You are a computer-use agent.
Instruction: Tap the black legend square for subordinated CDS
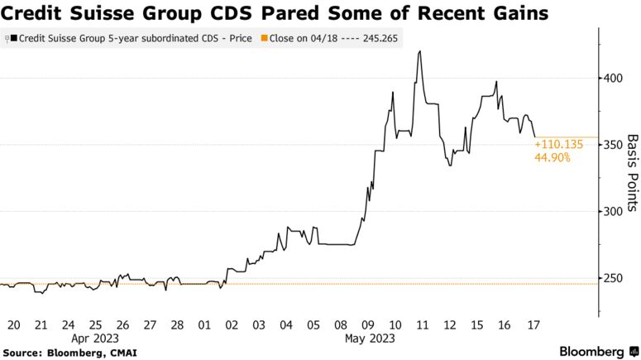tap(13, 39)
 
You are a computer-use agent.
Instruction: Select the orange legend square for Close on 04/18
tap(264, 39)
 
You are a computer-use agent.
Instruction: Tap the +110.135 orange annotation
tap(559, 144)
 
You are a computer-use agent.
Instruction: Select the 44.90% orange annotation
tap(553, 157)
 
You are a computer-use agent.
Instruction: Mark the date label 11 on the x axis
tap(422, 324)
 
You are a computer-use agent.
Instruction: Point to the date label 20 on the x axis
tap(13, 324)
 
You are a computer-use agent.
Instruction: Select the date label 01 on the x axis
tap(203, 324)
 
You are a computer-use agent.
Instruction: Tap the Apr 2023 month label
tap(95, 338)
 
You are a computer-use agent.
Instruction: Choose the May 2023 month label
tap(368, 338)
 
